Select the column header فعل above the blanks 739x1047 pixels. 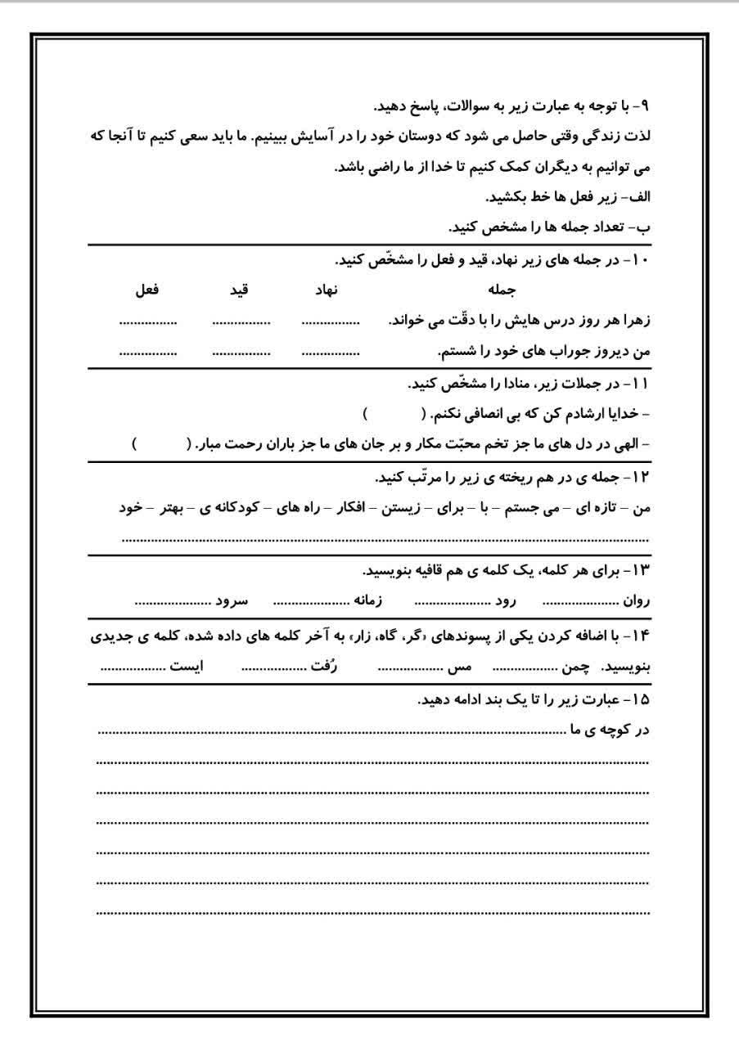[x=146, y=289]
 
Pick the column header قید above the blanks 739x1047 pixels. [x=238, y=289]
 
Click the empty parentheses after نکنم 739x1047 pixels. [x=392, y=414]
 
